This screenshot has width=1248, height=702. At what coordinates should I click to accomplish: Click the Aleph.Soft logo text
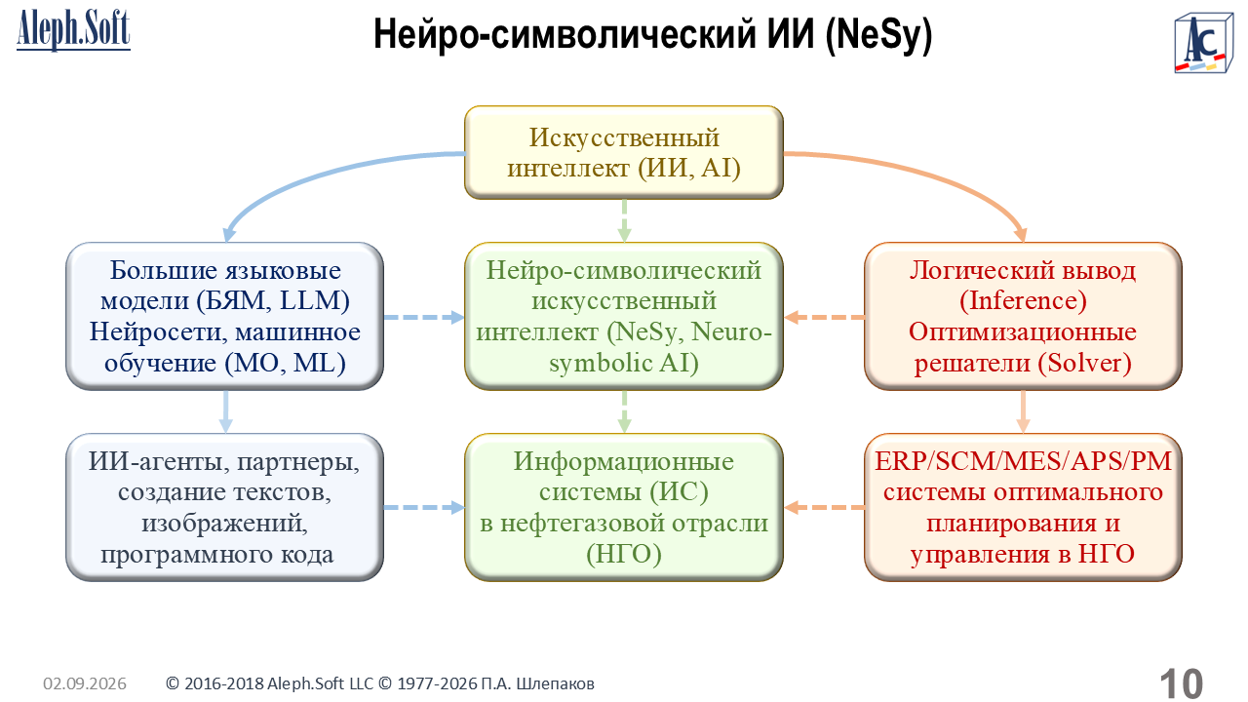[x=73, y=30]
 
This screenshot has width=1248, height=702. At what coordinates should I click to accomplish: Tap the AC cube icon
[x=1203, y=44]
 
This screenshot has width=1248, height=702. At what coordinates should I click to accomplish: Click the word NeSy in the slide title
[x=878, y=34]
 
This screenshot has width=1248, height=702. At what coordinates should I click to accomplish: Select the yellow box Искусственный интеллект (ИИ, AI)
[x=624, y=153]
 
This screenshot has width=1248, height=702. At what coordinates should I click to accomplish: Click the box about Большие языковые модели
[x=224, y=316]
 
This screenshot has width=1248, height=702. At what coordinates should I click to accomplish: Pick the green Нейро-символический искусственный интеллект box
[x=624, y=316]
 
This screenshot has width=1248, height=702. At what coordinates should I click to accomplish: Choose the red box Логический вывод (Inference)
[x=1023, y=316]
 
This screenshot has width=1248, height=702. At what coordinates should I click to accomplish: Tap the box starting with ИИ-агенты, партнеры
[x=224, y=507]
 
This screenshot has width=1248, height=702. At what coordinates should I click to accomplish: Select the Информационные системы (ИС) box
[x=624, y=507]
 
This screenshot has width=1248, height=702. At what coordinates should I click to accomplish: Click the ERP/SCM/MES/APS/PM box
[x=1023, y=507]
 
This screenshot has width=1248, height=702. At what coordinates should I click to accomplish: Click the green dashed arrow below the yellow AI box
[x=625, y=220]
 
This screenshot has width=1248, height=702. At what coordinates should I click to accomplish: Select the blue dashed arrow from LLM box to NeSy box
[x=424, y=317]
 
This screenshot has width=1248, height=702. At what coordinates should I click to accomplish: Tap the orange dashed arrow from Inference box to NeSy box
[x=824, y=317]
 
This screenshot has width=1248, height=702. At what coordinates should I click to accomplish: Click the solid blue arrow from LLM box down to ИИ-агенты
[x=225, y=411]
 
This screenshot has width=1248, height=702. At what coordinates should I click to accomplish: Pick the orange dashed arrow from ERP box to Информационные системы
[x=824, y=508]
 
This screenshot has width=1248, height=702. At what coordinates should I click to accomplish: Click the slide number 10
[x=1182, y=683]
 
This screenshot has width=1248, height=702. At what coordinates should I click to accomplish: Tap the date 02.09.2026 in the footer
[x=85, y=683]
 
